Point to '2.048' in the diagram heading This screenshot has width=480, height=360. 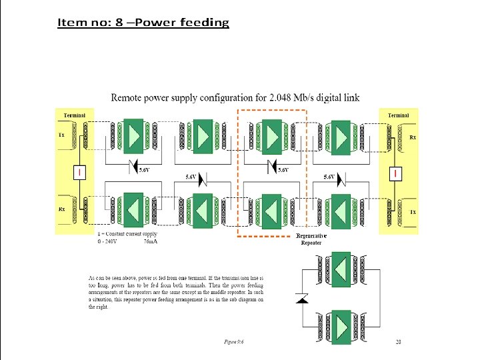[x=281, y=98]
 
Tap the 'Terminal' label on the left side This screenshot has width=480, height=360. [x=75, y=115]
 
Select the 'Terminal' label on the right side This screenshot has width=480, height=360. [x=398, y=115]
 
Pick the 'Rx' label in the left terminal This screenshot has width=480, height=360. [x=61, y=209]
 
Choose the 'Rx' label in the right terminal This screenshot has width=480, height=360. [x=413, y=137]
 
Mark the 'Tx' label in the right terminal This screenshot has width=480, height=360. [x=413, y=211]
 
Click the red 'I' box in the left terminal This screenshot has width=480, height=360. [x=79, y=173]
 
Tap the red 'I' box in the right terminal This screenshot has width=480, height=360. [x=397, y=173]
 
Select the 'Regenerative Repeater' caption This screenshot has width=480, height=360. [x=311, y=239]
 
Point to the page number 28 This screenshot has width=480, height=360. [x=398, y=342]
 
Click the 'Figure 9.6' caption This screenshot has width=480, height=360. [x=234, y=342]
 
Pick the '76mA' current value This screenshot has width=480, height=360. [x=151, y=241]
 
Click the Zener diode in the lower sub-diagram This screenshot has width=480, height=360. [x=301, y=299]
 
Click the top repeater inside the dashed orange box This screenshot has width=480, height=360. [x=271, y=137]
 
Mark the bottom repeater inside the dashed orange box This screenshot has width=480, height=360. [x=271, y=211]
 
